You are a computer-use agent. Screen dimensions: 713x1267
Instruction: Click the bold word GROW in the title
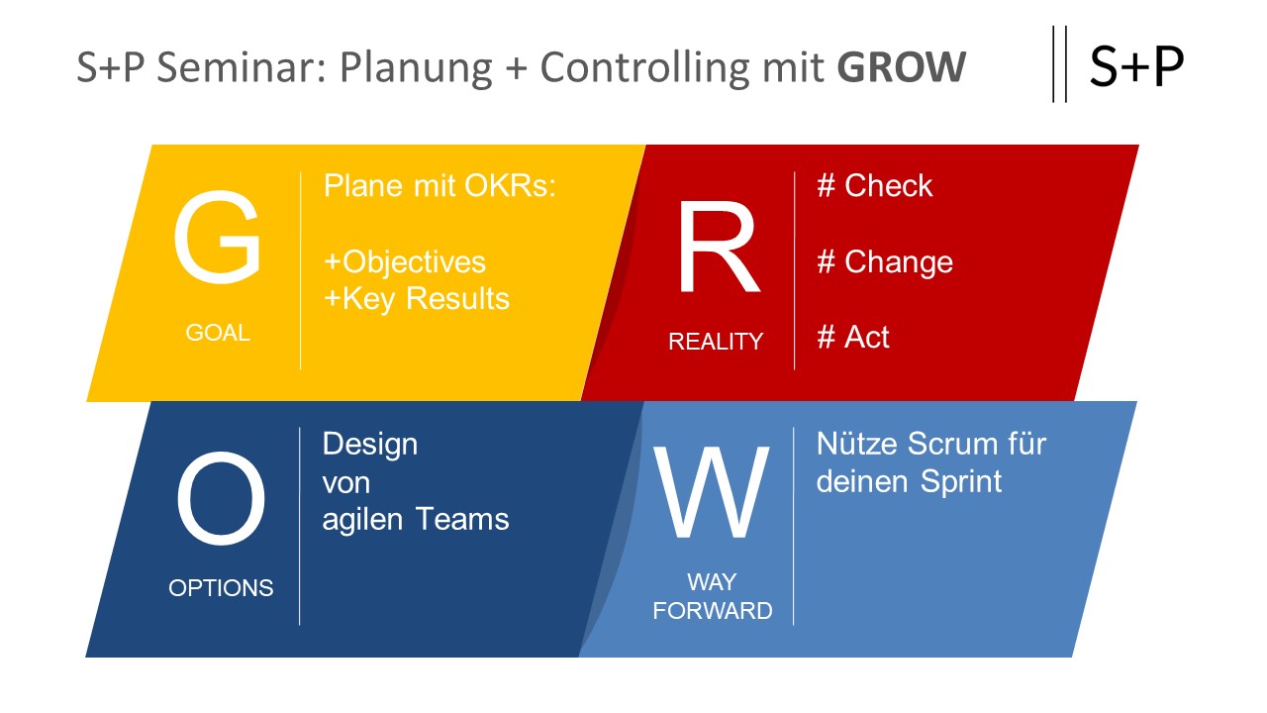tap(901, 67)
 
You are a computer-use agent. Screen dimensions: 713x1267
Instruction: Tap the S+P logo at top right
tap(1136, 66)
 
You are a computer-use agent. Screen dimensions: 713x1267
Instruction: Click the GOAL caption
tap(218, 333)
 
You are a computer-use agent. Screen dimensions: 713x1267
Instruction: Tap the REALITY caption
tap(716, 342)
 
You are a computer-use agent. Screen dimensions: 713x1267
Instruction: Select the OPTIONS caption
tap(221, 587)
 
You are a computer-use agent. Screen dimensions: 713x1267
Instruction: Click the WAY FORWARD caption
tap(713, 596)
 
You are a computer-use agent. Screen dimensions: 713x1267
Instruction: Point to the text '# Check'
tap(875, 186)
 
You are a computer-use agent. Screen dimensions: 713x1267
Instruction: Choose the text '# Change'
tap(885, 261)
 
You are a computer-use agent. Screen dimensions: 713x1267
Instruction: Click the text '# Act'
tap(853, 337)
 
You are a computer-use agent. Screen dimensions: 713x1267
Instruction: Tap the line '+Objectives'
tap(405, 261)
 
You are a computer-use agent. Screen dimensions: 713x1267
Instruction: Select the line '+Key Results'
tap(417, 298)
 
